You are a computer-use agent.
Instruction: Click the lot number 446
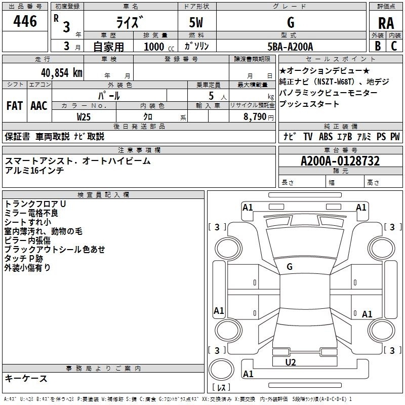pos(25,21)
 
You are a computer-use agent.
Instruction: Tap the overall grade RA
pos(386,23)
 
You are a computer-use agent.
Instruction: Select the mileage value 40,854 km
pos(61,73)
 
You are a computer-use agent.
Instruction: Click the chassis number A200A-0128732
pos(340,161)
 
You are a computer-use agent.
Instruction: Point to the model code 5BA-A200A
pos(290,47)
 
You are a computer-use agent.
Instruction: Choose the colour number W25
pos(84,117)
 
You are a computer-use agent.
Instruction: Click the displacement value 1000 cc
pos(159,47)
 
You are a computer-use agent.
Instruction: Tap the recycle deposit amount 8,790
pos(255,117)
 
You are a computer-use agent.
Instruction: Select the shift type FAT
pos(15,106)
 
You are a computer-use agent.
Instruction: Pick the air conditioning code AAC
pos(39,106)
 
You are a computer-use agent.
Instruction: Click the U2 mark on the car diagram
pos(290,362)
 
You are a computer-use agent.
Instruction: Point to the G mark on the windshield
pos(290,267)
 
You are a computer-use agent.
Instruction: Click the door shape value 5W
pos(196,22)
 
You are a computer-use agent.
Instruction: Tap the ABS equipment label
pos(326,136)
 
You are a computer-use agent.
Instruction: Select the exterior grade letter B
pos(378,46)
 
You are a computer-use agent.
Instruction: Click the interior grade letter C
pos(394,46)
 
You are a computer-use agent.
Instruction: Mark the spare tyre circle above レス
pos(221,370)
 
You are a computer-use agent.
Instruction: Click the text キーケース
pos(26,379)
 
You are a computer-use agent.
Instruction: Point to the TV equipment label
pos(308,136)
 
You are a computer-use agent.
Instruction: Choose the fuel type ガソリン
pos(196,46)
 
